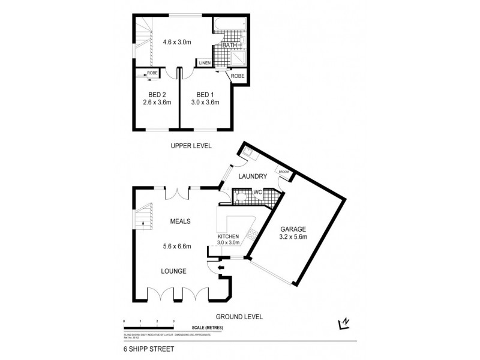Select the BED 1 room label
[x=205, y=94]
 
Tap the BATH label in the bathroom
[x=229, y=45]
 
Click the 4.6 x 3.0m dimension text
[x=176, y=42]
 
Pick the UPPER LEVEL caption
[x=191, y=146]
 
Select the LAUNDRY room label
[x=252, y=176]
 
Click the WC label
[x=257, y=192]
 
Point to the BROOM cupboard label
[x=283, y=172]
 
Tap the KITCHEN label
[x=228, y=236]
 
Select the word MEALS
[x=179, y=221]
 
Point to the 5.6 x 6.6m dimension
[x=176, y=245]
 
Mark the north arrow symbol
[x=344, y=324]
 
